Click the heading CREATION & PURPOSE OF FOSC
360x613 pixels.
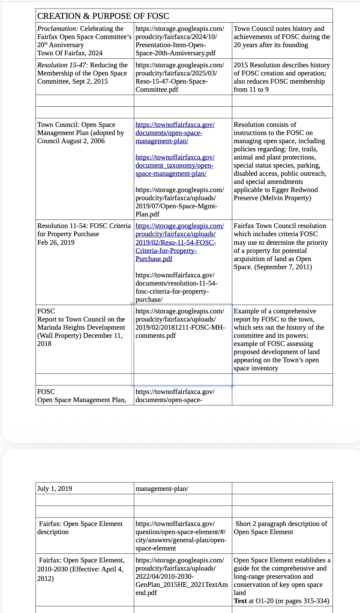click(x=103, y=16)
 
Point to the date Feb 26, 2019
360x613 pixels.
click(x=56, y=243)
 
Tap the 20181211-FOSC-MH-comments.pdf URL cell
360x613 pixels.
click(x=180, y=323)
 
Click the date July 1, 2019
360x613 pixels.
click(x=54, y=489)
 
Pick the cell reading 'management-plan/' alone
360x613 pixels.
click(x=162, y=489)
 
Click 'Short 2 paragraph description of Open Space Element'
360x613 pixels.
click(x=281, y=528)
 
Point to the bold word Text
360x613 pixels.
click(x=240, y=601)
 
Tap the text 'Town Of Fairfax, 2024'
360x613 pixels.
click(x=70, y=53)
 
